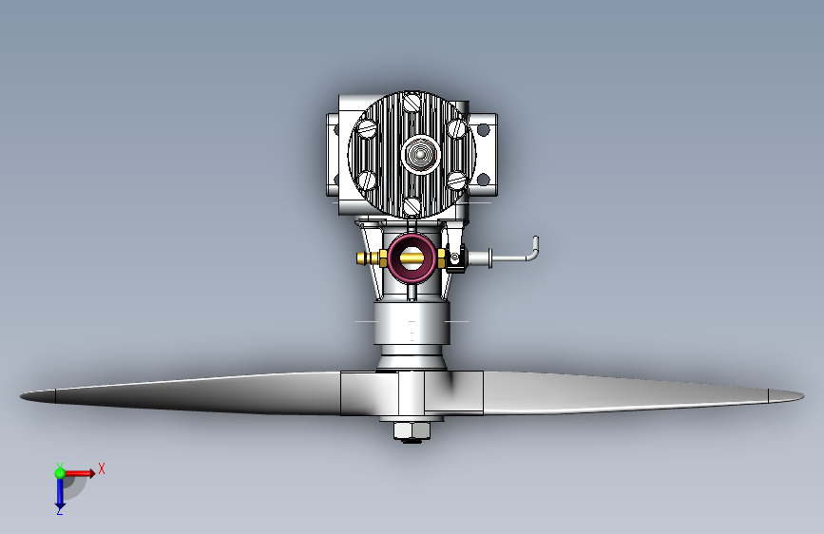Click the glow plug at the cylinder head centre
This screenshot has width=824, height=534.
(x=420, y=154)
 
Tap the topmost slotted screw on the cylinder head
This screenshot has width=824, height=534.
(x=412, y=102)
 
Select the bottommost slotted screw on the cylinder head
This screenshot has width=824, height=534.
(x=412, y=206)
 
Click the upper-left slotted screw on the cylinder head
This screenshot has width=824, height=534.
(x=367, y=128)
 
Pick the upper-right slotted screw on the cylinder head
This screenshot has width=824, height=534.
(x=457, y=128)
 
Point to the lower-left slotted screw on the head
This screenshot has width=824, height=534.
(x=367, y=181)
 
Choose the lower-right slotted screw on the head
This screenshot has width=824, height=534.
(x=457, y=181)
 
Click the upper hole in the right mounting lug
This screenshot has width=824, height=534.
(x=484, y=129)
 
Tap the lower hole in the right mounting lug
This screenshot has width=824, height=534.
(x=484, y=180)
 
